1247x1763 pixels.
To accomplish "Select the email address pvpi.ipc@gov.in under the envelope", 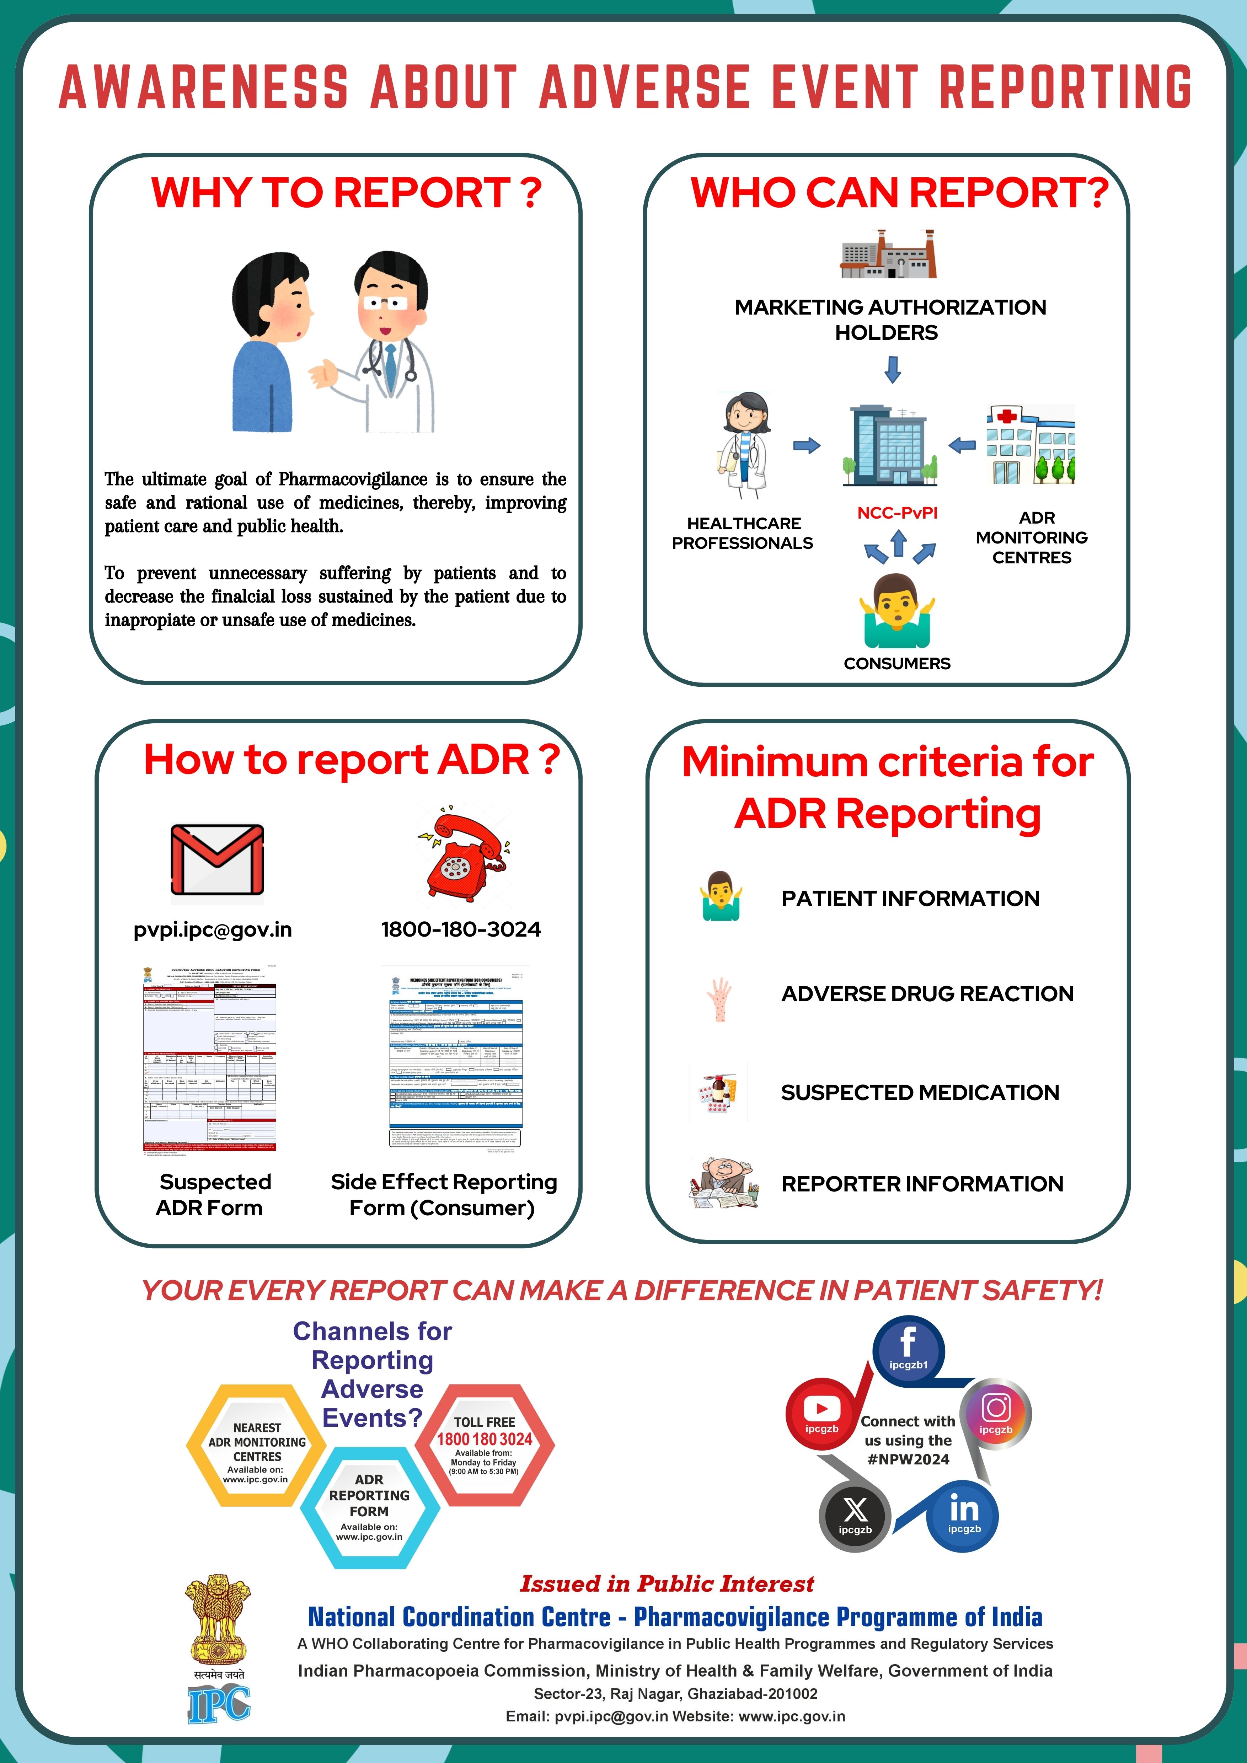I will click(x=213, y=930).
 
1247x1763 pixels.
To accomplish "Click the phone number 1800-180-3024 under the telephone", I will click(x=461, y=930).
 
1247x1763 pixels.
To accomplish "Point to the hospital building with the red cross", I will click(x=1030, y=445).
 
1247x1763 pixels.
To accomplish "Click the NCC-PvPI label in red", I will click(x=897, y=513).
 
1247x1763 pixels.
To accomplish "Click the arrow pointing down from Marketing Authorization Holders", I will click(x=892, y=369).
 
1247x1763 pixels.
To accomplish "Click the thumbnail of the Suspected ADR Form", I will click(x=210, y=1060).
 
